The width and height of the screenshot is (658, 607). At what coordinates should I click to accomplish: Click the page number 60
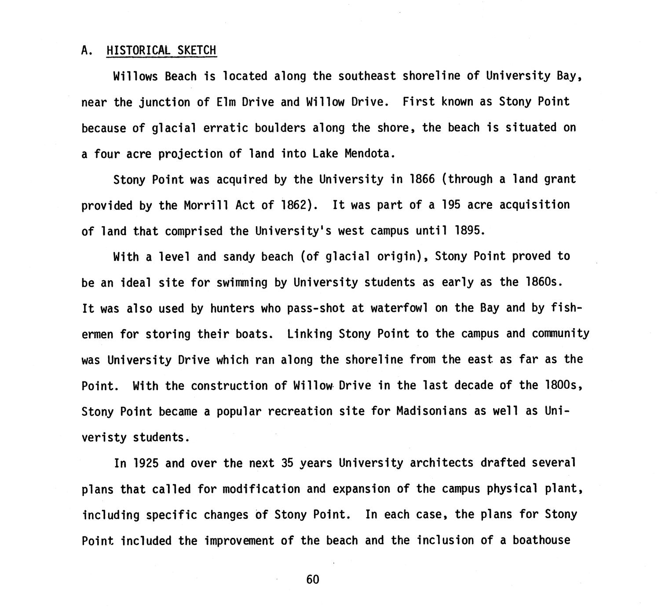pyautogui.click(x=312, y=579)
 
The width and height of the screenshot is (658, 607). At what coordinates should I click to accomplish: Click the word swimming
pyautogui.click(x=242, y=282)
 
